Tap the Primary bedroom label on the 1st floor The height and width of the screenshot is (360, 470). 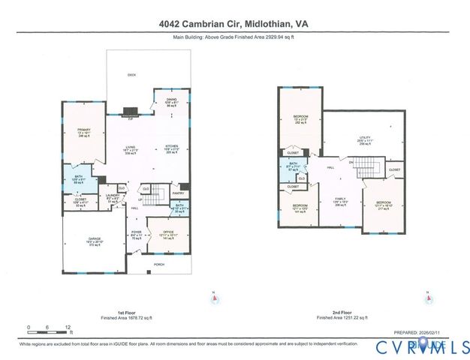click(83, 131)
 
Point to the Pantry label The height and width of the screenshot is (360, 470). click(178, 193)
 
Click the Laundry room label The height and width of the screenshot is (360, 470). click(113, 197)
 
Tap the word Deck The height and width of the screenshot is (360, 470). click(132, 75)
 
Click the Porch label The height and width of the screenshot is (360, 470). click(159, 265)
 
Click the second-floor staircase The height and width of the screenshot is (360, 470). click(371, 169)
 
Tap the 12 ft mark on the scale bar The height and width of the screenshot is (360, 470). click(68, 328)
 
